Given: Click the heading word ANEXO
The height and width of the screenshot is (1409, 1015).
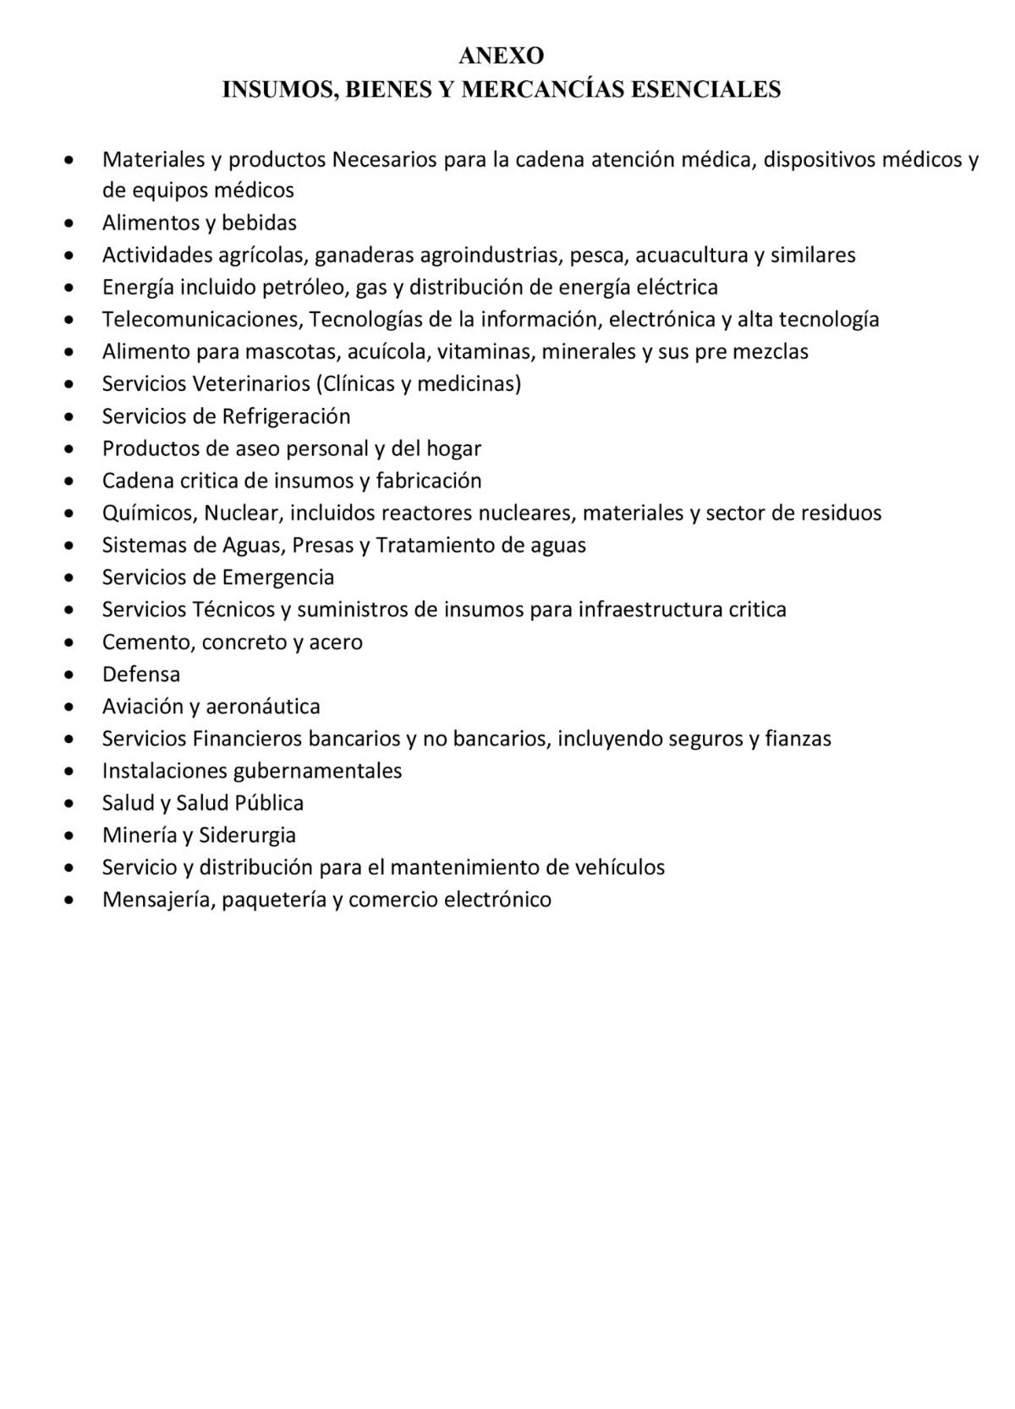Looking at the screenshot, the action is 501,56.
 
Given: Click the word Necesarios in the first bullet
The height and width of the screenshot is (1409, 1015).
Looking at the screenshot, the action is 384,159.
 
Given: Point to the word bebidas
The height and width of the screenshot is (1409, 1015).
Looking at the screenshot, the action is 259,223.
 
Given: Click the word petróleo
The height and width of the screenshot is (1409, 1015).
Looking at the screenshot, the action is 304,288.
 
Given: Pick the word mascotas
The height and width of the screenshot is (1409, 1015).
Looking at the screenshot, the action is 290,352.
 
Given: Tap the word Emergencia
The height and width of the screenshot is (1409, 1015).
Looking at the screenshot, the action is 278,577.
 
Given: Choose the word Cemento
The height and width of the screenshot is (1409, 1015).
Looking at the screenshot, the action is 148,641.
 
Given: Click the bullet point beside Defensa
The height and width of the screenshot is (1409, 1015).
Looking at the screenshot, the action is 69,675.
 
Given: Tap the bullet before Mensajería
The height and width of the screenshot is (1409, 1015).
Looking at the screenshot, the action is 69,900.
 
